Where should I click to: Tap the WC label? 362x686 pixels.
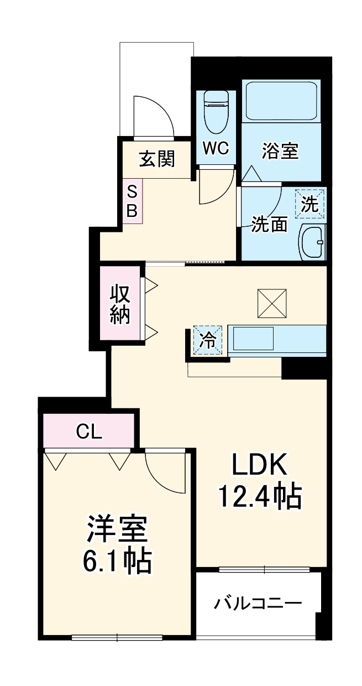216,148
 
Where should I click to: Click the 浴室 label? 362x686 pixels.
280,151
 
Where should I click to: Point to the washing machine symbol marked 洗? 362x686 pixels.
310,205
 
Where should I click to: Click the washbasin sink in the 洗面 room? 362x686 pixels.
312,241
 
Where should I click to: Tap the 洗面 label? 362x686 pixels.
270,224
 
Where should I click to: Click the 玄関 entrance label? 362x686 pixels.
156,159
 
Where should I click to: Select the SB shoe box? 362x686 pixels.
133,201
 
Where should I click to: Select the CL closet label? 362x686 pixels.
89,432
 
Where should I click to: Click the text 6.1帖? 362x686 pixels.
117,561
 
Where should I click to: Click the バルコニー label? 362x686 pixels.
258,602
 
